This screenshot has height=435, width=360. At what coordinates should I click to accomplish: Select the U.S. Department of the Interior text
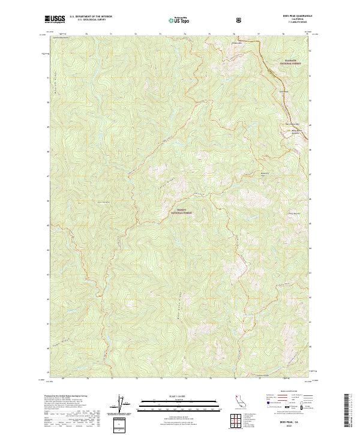(91, 17)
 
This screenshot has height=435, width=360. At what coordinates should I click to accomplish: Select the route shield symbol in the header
(239, 20)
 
